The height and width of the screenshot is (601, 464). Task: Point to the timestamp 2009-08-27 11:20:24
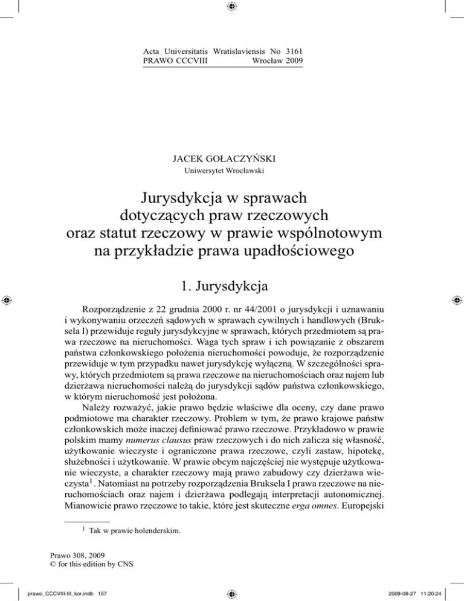[415, 590]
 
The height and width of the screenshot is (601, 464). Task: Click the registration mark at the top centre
[233, 7]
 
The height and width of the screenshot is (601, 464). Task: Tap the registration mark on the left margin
[7, 300]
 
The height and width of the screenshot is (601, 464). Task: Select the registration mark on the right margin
[457, 300]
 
